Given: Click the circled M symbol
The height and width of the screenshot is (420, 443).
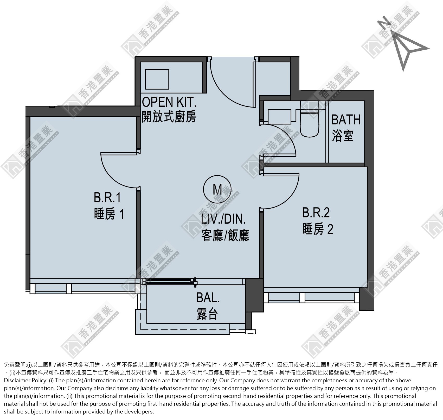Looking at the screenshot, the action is click(x=217, y=190).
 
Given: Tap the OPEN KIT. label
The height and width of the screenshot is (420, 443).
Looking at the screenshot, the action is click(x=169, y=102).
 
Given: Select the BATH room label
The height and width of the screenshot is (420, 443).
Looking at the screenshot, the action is click(x=346, y=120).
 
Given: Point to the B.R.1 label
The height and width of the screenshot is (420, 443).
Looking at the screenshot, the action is click(x=107, y=198).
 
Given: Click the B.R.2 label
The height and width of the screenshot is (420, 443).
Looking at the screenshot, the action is click(x=316, y=212).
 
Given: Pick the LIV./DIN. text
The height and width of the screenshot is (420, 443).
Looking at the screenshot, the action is click(x=223, y=219).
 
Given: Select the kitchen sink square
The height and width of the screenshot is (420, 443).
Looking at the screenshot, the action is click(x=157, y=79).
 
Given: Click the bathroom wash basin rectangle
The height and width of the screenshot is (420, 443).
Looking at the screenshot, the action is click(x=279, y=117).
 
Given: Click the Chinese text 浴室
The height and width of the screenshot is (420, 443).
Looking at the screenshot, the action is click(x=342, y=136).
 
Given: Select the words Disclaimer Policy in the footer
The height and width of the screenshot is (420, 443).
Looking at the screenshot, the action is click(x=25, y=381).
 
